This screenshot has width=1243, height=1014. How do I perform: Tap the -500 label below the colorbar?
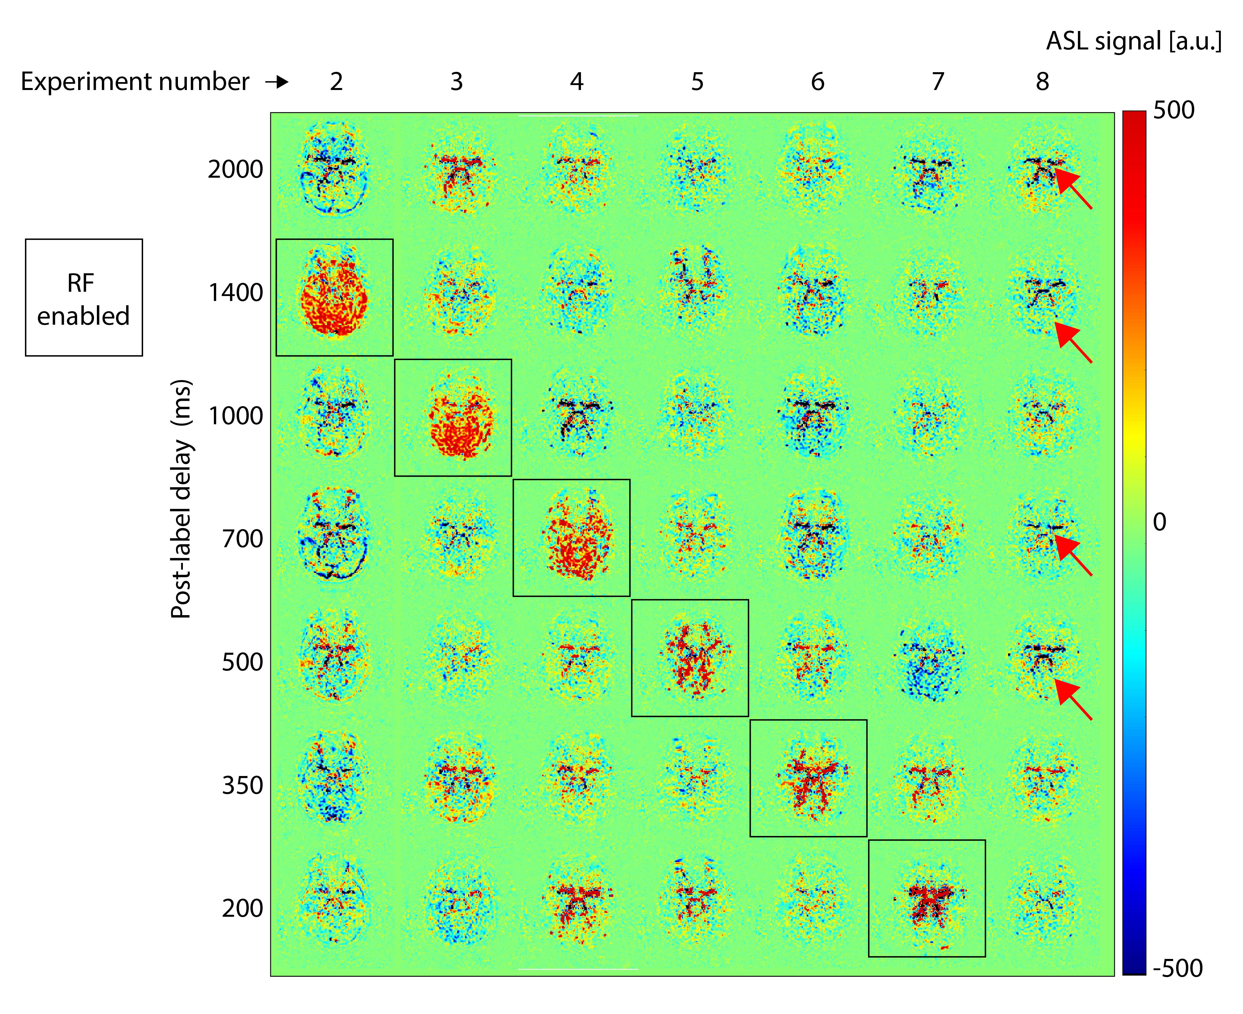[1177, 968]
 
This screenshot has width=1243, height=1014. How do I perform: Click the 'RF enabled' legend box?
[83, 297]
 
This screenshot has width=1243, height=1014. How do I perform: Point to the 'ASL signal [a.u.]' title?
[1133, 42]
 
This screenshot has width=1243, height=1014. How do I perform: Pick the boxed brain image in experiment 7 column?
[927, 898]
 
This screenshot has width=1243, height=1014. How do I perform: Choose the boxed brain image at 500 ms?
[689, 658]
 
